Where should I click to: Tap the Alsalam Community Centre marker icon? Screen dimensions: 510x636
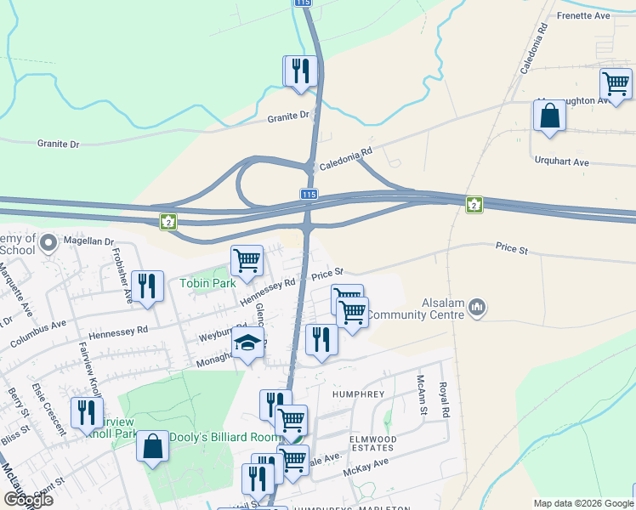pos(477,306)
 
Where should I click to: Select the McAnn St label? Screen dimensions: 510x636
pos(420,395)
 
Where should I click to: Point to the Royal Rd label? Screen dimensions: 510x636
pos(443,399)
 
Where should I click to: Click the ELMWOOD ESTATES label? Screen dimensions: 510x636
pos(372,442)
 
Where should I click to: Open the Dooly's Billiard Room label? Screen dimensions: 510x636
pos(224,437)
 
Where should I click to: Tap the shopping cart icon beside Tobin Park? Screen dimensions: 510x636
pos(247,261)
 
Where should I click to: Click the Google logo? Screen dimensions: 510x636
pos(29,500)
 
